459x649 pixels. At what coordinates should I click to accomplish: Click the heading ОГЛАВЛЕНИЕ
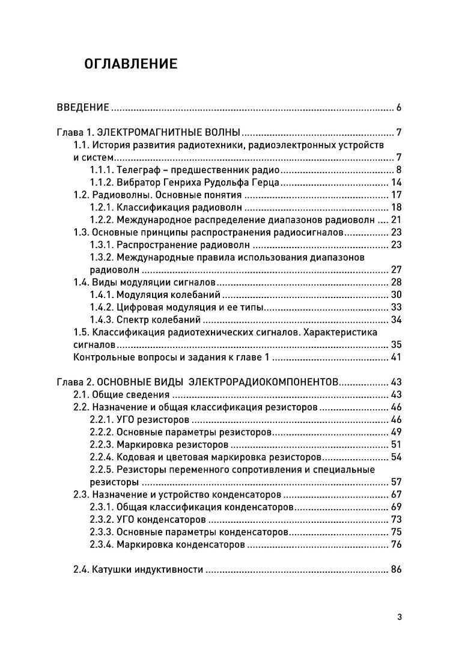coord(131,64)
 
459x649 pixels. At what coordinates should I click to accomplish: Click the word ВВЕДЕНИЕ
coord(83,108)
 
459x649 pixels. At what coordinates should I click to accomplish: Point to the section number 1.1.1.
coord(102,170)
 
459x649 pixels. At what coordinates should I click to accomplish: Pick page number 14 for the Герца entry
coord(396,183)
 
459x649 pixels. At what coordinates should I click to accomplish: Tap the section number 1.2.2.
coord(102,219)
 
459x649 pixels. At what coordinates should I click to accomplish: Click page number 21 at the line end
coord(396,219)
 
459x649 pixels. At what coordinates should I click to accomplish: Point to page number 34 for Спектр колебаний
coord(396,319)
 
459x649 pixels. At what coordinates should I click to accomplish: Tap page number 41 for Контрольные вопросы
coord(396,358)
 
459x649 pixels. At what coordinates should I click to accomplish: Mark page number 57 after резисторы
coord(396,482)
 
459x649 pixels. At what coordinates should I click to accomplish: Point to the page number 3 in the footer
coord(400,617)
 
